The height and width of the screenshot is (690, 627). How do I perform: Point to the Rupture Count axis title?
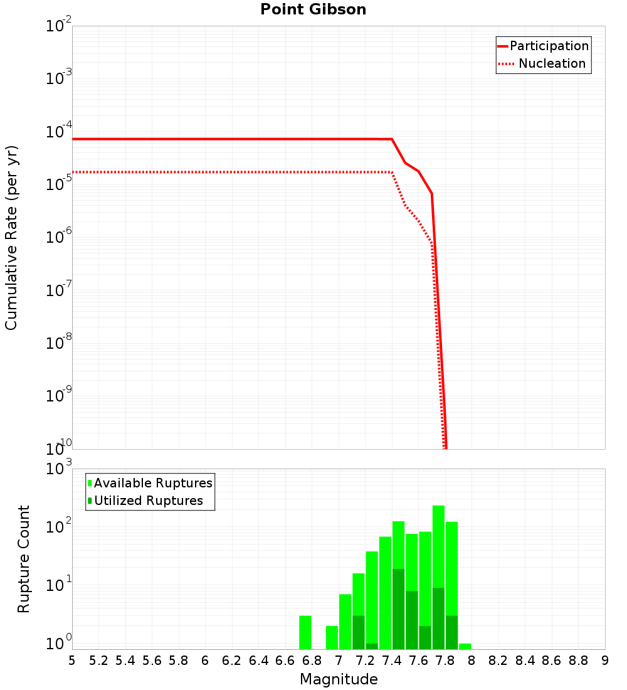24,559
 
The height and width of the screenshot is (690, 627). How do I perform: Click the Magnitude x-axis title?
339,679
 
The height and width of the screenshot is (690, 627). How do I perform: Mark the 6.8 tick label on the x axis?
312,660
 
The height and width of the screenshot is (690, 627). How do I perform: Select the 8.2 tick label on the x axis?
498,660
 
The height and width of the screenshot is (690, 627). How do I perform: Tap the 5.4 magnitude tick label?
125,660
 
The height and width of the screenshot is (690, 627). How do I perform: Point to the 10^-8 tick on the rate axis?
58,344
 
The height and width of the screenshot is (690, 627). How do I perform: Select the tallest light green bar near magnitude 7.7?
438,546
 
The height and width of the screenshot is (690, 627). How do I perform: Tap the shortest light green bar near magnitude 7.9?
465,646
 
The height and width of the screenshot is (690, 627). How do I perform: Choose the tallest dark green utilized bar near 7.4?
398,608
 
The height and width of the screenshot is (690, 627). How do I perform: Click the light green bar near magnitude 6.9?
332,637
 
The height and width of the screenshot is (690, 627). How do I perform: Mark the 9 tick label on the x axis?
605,660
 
